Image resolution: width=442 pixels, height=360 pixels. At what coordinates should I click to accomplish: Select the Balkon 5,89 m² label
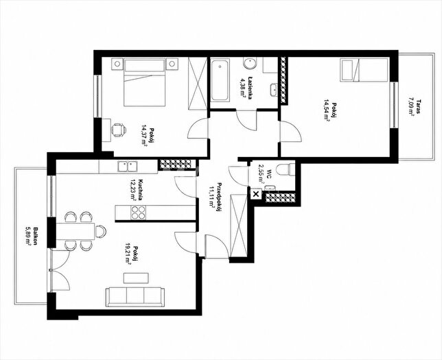tap(32, 236)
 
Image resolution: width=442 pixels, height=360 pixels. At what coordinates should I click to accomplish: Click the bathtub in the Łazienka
tap(220, 80)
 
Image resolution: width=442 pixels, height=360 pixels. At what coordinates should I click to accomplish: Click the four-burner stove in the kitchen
tap(138, 213)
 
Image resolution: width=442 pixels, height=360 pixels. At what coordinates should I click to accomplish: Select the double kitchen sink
tap(128, 166)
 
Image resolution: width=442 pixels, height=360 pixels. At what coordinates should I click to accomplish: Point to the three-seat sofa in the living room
tap(135, 297)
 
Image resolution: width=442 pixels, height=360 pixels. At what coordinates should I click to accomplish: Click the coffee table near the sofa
tap(136, 278)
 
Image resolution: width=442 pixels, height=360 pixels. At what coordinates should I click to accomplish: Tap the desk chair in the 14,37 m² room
tap(119, 130)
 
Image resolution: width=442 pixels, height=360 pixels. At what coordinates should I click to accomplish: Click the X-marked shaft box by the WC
tap(256, 194)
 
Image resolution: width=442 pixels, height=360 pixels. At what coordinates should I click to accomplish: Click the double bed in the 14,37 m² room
tap(145, 82)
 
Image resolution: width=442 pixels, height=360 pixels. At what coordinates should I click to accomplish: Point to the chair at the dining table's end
tap(100, 231)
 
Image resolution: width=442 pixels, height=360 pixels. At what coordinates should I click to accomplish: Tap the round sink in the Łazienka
tap(251, 64)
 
